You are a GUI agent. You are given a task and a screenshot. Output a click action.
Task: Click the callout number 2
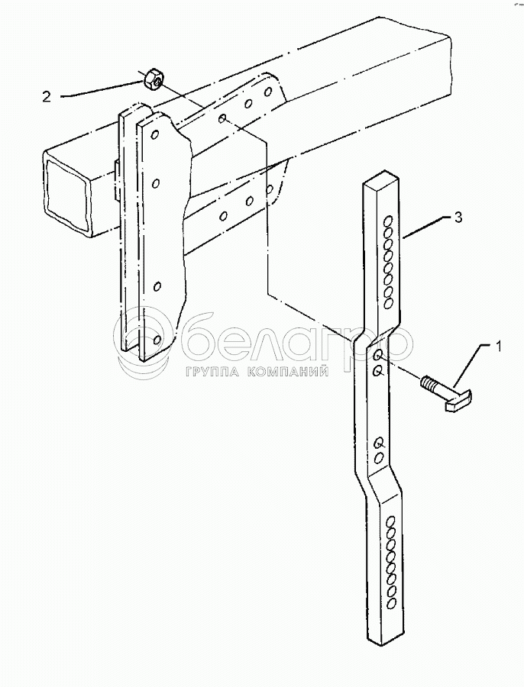[x=47, y=96]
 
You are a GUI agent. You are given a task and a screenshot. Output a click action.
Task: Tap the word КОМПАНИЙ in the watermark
[x=289, y=372]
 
